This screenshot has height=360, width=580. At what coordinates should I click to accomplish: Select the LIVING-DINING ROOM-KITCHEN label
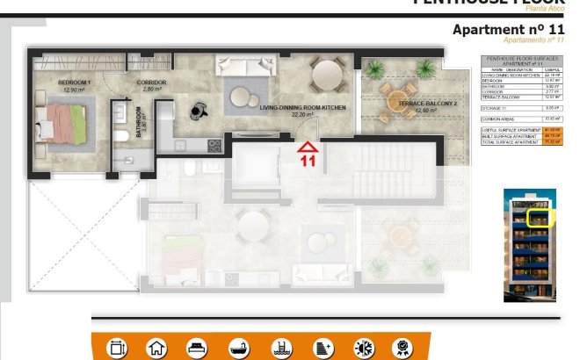tap(302, 107)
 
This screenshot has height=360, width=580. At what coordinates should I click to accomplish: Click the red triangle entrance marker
tap(308, 147)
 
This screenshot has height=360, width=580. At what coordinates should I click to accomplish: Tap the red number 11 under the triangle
tap(308, 161)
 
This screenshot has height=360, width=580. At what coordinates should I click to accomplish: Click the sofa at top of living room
tap(248, 66)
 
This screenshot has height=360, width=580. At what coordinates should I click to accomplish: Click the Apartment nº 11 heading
tap(508, 30)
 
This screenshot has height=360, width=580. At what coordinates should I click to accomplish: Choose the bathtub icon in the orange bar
tap(238, 349)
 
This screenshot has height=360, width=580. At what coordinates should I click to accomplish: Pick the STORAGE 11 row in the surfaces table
tap(521, 107)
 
